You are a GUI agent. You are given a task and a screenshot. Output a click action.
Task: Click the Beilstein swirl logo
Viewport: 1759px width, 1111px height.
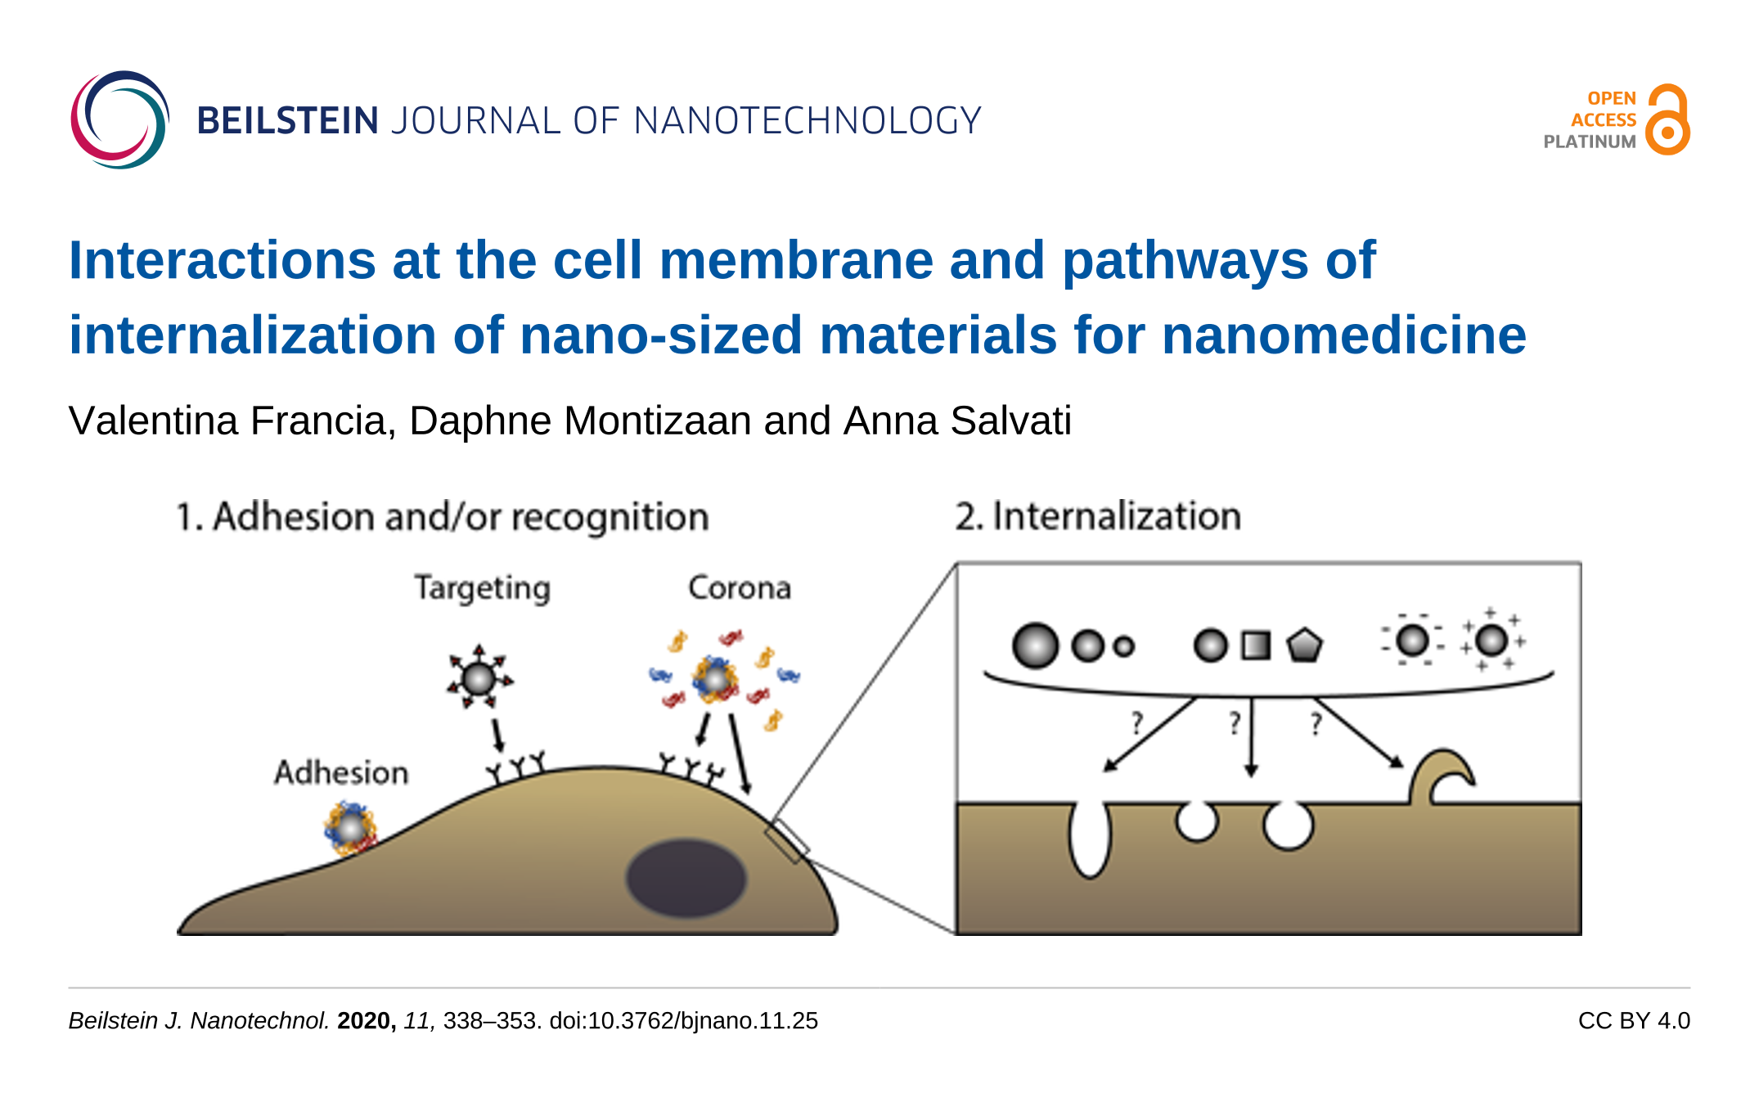[x=119, y=120]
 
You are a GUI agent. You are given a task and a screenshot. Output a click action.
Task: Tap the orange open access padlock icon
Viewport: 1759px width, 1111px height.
[x=1668, y=120]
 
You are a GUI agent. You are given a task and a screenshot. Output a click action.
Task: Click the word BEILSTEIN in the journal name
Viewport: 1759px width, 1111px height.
[x=288, y=121]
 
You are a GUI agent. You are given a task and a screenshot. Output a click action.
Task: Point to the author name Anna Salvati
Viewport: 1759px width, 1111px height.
[x=957, y=421]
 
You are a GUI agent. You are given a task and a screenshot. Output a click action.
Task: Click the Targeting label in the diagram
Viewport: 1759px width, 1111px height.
[x=482, y=588]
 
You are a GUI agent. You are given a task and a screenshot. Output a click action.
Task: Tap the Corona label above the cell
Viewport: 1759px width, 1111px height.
[x=740, y=588]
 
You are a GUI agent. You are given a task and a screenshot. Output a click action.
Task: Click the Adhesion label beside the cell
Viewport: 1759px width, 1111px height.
[x=341, y=773]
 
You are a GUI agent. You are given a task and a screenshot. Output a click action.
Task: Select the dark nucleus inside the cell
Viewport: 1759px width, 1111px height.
[x=686, y=878]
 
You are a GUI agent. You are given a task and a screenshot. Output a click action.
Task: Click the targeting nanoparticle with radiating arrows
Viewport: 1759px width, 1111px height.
[x=479, y=678]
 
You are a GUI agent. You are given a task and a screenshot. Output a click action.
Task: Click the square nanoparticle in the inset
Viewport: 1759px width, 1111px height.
[x=1256, y=645]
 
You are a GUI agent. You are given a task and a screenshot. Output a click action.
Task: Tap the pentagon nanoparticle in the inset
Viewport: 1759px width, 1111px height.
[x=1304, y=645]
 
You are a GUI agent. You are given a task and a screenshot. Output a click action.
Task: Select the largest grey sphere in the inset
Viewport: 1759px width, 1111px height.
[x=1035, y=645]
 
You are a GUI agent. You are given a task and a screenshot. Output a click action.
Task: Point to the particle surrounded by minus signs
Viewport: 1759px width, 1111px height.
[x=1413, y=640]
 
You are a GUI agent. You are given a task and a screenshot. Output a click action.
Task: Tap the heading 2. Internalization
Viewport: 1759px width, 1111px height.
[x=1098, y=517]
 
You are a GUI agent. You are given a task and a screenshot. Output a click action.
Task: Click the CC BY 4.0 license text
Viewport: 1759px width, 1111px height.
[x=1634, y=1021]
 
